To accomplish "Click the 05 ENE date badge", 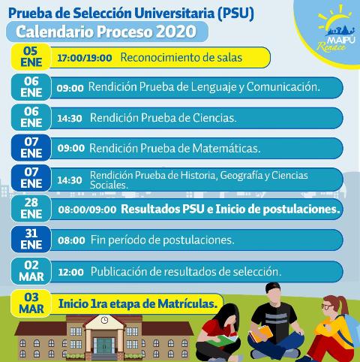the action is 31,56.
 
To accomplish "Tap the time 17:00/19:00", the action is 85,58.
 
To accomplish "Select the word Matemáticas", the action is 226,148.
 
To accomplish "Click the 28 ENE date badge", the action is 31,208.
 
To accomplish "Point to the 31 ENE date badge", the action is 31,239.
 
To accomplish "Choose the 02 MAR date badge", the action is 31,271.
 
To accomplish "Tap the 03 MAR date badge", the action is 31,303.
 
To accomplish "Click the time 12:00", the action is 70,272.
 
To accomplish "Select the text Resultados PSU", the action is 163,210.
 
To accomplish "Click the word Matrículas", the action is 187,304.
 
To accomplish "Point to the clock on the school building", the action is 104,320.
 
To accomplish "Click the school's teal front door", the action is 104,345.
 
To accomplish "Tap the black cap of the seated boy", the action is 272,287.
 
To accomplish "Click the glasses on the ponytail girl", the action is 326,306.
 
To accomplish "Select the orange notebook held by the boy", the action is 262,333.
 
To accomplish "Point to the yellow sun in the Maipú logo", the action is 334,19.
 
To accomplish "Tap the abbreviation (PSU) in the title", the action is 235,14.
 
